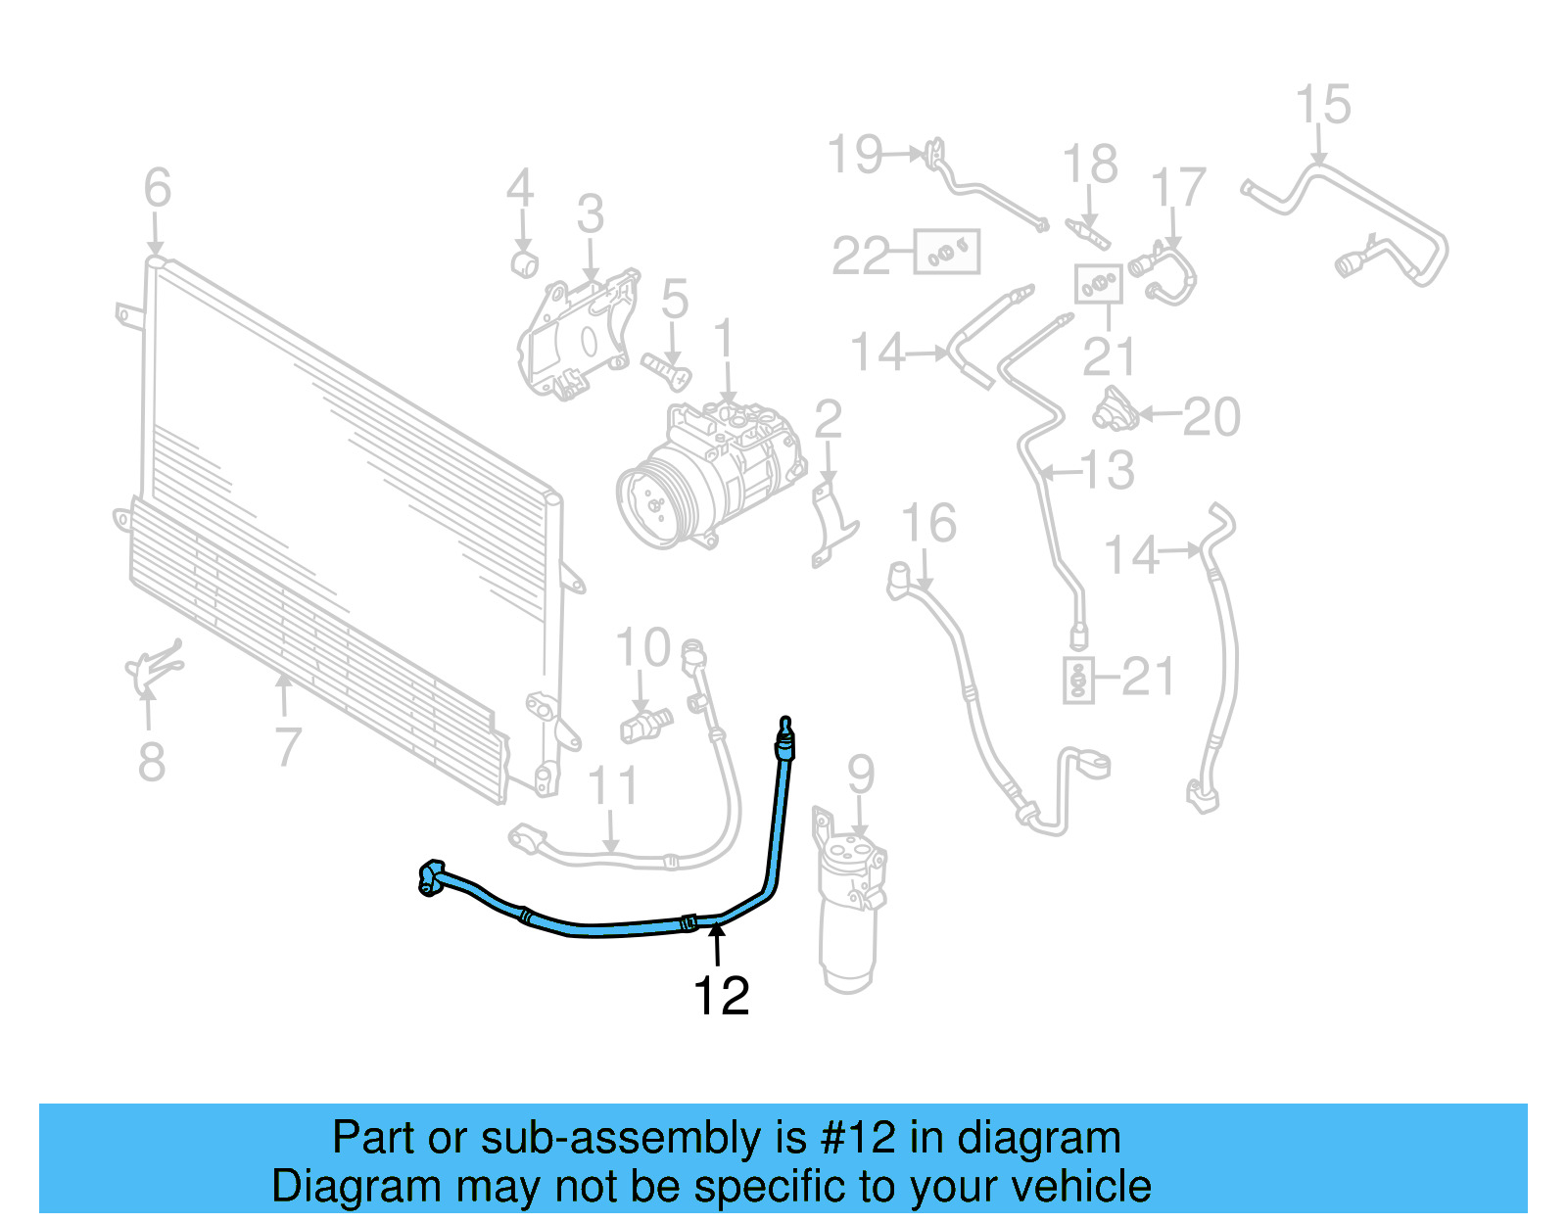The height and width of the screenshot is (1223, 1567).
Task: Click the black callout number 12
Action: click(721, 996)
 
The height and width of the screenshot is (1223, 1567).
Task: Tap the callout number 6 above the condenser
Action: click(157, 187)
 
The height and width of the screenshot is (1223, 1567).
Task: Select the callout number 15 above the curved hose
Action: click(1322, 105)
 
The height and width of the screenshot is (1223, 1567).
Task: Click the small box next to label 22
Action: click(946, 253)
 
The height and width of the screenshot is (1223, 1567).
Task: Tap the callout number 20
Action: click(1211, 418)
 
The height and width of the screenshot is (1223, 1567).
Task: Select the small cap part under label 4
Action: click(526, 262)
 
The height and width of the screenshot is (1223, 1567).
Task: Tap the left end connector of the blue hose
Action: click(431, 876)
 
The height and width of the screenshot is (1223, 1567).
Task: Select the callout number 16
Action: click(928, 524)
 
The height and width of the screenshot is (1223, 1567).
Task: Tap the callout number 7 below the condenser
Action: click(286, 747)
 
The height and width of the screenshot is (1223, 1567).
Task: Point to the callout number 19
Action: click(855, 155)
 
